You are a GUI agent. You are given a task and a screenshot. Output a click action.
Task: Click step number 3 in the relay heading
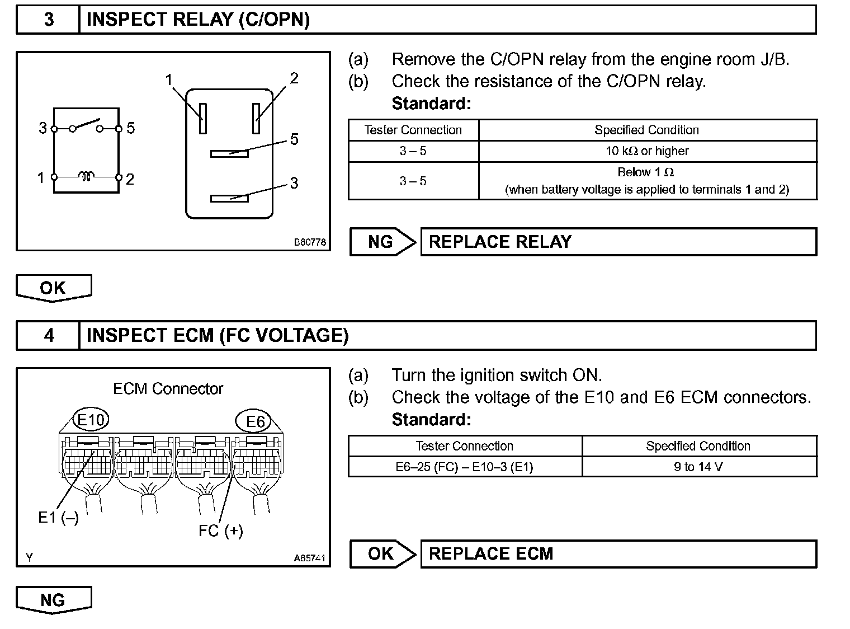(49, 20)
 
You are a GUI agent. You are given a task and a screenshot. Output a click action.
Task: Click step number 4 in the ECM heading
(49, 335)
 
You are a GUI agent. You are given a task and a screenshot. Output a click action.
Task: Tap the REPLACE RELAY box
(617, 242)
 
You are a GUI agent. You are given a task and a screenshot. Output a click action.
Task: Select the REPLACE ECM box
(617, 553)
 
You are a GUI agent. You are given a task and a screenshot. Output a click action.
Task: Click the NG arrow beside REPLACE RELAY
(382, 242)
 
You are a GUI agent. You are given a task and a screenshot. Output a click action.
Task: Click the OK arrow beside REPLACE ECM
(382, 553)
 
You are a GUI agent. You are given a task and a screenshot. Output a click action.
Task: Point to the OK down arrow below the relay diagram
(53, 288)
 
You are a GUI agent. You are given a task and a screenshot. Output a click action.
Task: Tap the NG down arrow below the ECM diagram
(53, 600)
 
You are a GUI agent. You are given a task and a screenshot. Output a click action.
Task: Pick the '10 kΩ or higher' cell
(647, 151)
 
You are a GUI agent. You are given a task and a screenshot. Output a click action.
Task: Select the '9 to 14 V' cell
(698, 467)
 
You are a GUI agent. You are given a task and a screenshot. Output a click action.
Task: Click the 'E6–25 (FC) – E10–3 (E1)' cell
(464, 467)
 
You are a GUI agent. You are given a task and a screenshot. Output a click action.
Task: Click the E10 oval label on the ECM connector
(91, 420)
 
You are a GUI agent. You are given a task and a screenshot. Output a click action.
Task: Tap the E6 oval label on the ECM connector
(255, 421)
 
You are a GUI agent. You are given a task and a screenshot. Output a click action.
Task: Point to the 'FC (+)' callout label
(221, 530)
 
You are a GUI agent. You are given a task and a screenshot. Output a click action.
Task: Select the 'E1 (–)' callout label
(58, 518)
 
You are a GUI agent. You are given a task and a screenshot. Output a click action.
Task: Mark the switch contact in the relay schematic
(87, 124)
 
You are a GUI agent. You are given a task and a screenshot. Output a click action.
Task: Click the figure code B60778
(310, 242)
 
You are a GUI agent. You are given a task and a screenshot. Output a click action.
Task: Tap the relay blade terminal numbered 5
(229, 153)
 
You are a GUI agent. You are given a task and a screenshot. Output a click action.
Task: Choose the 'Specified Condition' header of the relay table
(647, 130)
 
